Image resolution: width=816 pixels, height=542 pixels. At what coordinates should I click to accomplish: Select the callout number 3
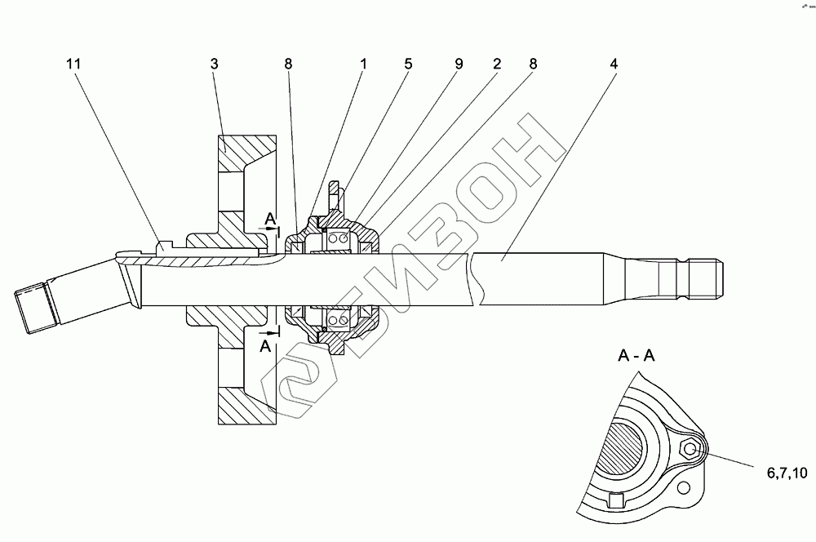click(x=213, y=64)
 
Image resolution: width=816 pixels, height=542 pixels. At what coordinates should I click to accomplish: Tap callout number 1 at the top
click(x=362, y=64)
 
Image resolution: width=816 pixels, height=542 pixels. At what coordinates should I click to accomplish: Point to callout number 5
click(x=409, y=64)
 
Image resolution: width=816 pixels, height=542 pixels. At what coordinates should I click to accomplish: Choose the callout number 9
click(x=459, y=64)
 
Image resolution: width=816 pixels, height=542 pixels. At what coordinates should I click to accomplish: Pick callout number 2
click(x=494, y=64)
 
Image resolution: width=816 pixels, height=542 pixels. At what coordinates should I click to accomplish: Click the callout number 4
click(x=614, y=64)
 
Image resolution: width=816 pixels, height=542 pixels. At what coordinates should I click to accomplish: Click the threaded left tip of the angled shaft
click(x=32, y=307)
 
